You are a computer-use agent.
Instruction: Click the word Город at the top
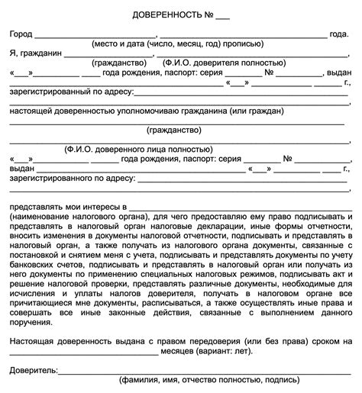point(22,35)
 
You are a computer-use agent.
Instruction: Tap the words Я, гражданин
point(36,54)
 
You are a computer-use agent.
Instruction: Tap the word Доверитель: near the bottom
point(34,369)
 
